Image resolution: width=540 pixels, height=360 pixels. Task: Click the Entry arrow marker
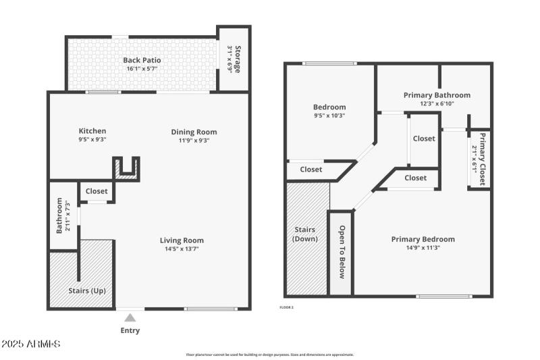tap(130, 317)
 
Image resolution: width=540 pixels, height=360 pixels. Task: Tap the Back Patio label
tap(142, 60)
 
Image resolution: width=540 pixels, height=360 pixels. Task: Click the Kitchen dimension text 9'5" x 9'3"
tap(92, 140)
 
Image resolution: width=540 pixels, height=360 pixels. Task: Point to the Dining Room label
tap(194, 132)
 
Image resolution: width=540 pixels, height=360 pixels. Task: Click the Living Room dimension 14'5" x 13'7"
tap(182, 249)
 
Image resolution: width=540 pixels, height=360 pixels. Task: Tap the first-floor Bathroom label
tap(59, 215)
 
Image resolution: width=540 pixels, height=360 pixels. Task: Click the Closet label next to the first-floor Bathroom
tap(97, 191)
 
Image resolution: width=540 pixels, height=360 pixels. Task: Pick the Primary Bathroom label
tap(437, 95)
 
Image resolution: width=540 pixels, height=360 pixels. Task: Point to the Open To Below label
tap(342, 252)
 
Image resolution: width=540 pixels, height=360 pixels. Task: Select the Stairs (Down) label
tap(305, 234)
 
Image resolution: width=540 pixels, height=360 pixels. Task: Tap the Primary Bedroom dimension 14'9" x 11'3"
tap(432, 248)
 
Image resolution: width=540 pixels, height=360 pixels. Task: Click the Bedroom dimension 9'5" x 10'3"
tap(329, 115)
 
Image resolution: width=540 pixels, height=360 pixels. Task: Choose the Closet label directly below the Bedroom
tap(311, 170)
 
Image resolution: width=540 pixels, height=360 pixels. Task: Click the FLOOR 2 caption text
tap(287, 307)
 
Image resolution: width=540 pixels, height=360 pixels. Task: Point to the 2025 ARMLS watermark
tap(31, 344)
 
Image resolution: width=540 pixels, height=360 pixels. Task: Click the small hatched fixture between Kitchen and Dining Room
tap(126, 168)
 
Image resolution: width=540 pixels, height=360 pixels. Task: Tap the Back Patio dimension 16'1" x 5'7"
tap(142, 69)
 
